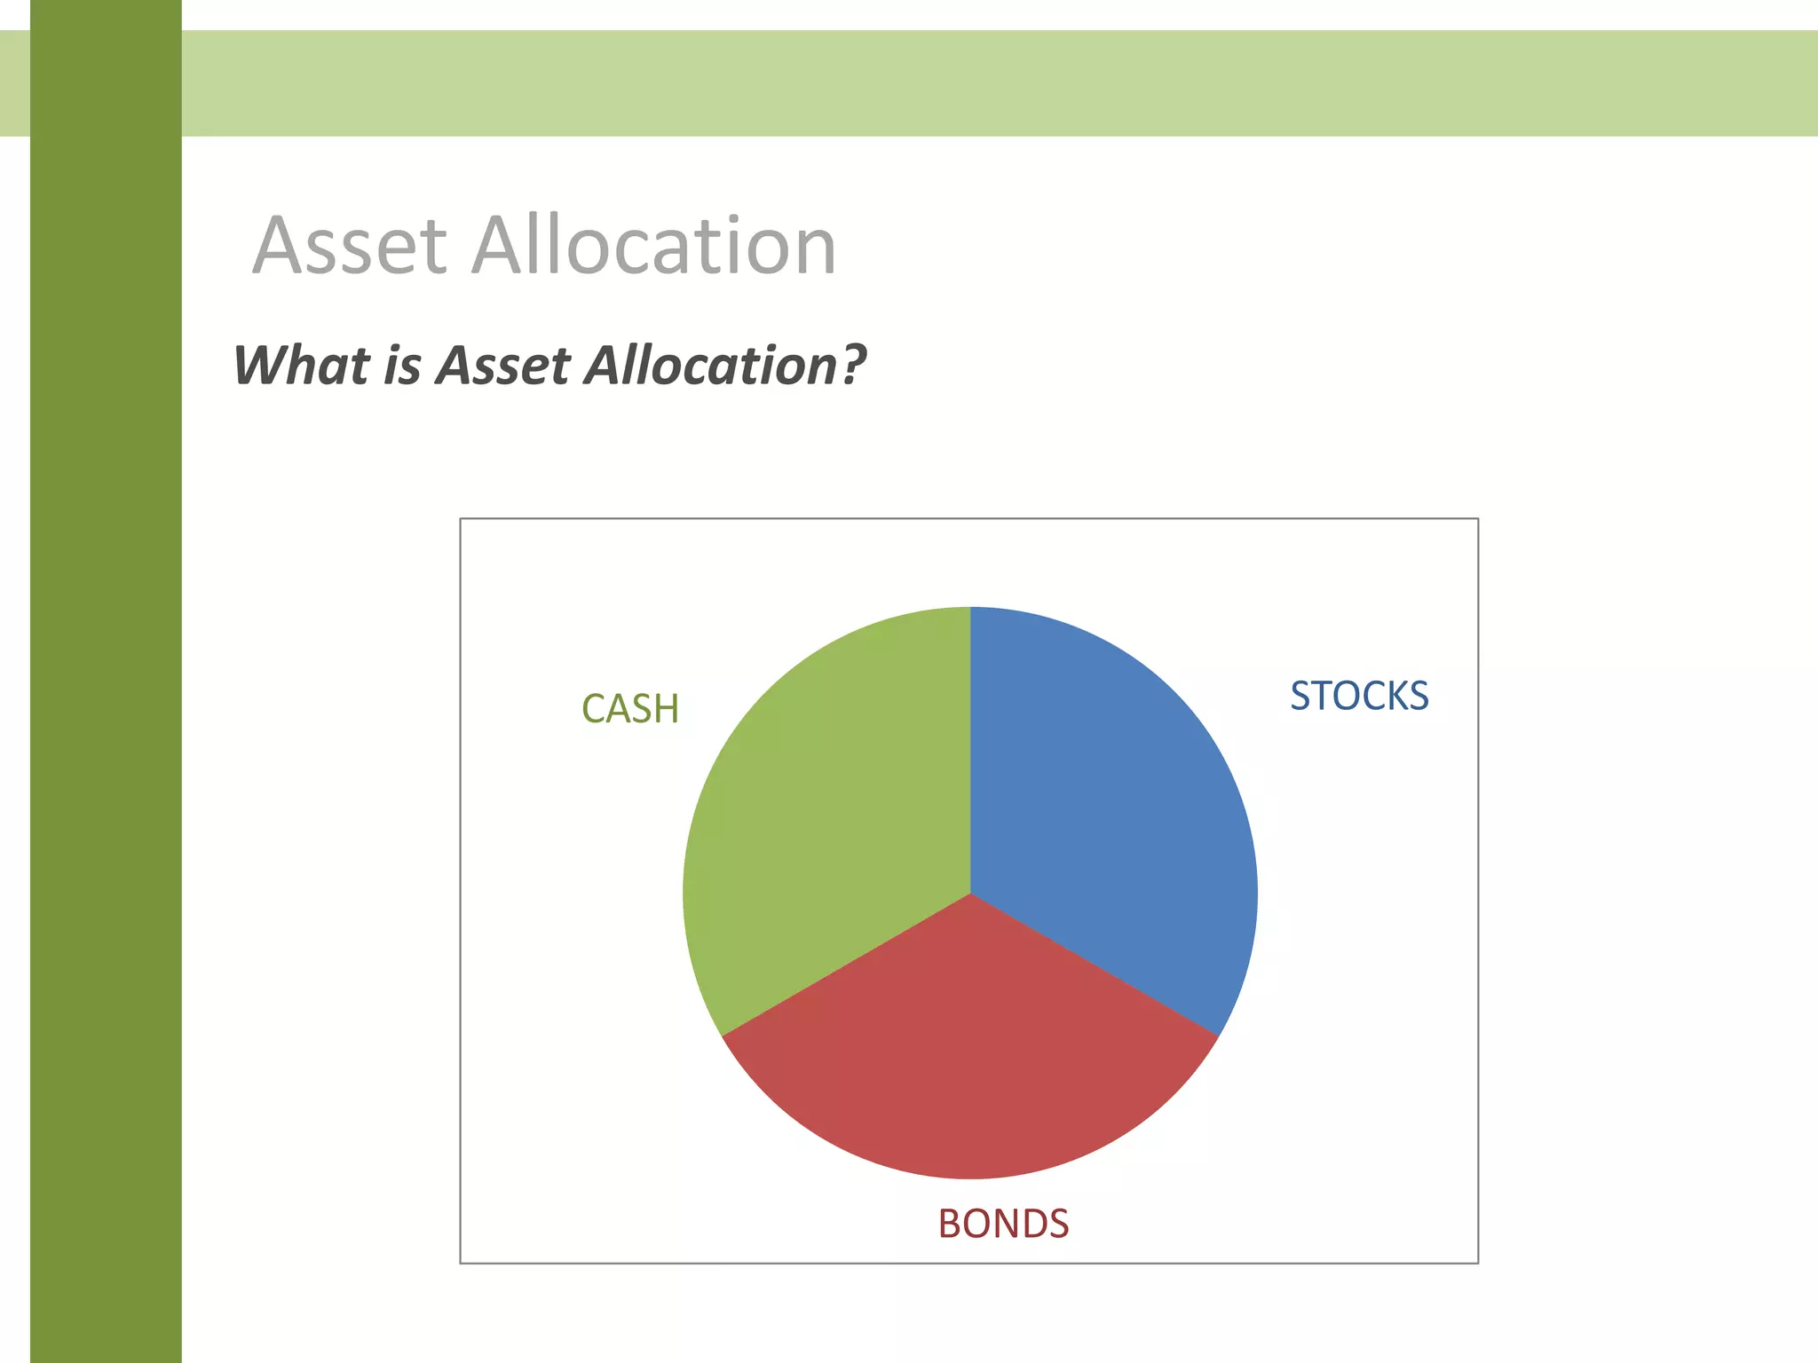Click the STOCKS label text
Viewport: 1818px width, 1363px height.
(1359, 696)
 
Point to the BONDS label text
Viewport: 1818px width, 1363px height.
(1003, 1225)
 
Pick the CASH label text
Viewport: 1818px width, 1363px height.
(630, 709)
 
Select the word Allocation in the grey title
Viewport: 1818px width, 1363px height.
(654, 246)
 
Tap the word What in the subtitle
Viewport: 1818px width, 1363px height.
(302, 366)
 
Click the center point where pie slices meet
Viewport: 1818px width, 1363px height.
(970, 893)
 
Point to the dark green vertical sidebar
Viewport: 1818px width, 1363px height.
(106, 710)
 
